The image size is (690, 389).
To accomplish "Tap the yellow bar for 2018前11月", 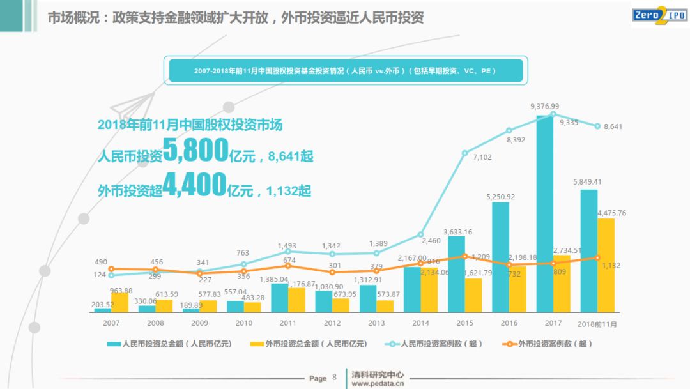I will [605, 265].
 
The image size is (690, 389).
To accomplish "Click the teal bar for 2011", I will [280, 298].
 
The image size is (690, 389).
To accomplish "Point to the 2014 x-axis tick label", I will [421, 324].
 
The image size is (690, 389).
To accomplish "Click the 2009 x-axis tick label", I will [199, 324].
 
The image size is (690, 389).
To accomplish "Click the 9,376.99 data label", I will [544, 106].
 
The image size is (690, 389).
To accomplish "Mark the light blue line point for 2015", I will [465, 153].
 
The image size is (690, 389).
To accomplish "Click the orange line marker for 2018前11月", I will [597, 258].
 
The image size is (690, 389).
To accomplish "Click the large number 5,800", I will [195, 151].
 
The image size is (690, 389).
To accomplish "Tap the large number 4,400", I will [194, 185].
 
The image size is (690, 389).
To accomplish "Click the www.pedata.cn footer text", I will [378, 384].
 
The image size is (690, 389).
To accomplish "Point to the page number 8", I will [334, 378].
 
